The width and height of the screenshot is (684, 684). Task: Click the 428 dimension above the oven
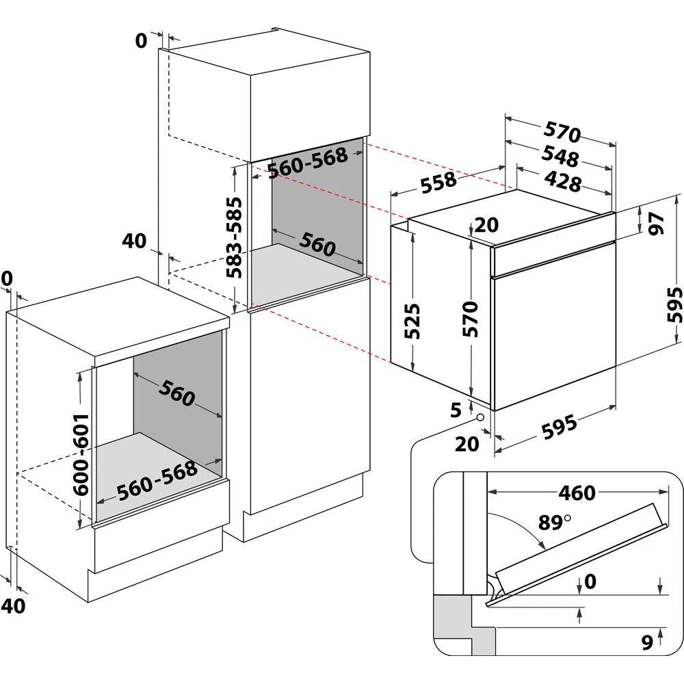(x=564, y=182)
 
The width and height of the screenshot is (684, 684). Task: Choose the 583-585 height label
(x=234, y=236)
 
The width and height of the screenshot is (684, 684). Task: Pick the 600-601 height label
(x=81, y=453)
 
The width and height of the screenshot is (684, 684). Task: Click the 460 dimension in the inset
(x=577, y=492)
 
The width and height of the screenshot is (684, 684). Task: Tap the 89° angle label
(x=553, y=523)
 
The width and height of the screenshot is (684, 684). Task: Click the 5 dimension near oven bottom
(x=456, y=410)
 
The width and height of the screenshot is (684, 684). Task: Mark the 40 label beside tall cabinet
(x=135, y=240)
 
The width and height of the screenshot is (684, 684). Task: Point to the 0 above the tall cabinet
(x=141, y=41)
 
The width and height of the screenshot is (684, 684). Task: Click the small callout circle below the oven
(x=481, y=417)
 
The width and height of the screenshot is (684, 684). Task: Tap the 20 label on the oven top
(x=487, y=224)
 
